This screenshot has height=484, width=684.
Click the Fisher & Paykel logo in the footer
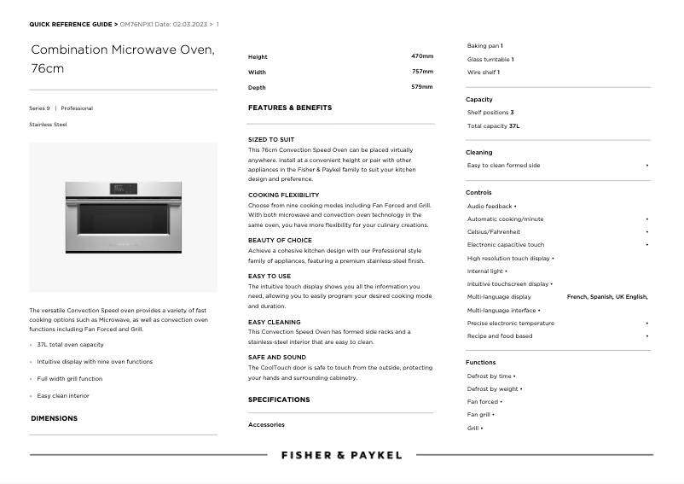coord(341,455)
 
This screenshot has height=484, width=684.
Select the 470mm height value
coord(422,56)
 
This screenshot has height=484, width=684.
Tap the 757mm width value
coord(422,72)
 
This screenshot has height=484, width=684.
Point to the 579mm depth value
coord(422,87)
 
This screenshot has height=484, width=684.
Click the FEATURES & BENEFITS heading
coord(290,108)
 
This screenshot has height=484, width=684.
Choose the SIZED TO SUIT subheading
coord(271,139)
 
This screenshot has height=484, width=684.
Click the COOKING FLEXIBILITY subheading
coord(284,195)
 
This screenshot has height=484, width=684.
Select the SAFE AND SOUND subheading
coord(277,357)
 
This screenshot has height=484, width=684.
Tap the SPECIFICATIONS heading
coord(279,399)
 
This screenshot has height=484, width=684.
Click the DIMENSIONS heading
coord(54,418)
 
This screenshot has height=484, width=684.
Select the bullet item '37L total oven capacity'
coord(70,345)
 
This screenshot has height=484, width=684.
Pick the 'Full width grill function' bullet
coord(70,379)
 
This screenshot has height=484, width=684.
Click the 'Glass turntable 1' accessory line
coord(490,60)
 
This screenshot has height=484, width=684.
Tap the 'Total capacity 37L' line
coord(493,125)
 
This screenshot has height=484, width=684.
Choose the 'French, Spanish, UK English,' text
coord(607,297)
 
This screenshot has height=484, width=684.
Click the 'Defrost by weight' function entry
coord(493,388)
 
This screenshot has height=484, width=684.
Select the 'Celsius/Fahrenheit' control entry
coord(494,231)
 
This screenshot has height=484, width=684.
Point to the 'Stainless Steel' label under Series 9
coord(48,125)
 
